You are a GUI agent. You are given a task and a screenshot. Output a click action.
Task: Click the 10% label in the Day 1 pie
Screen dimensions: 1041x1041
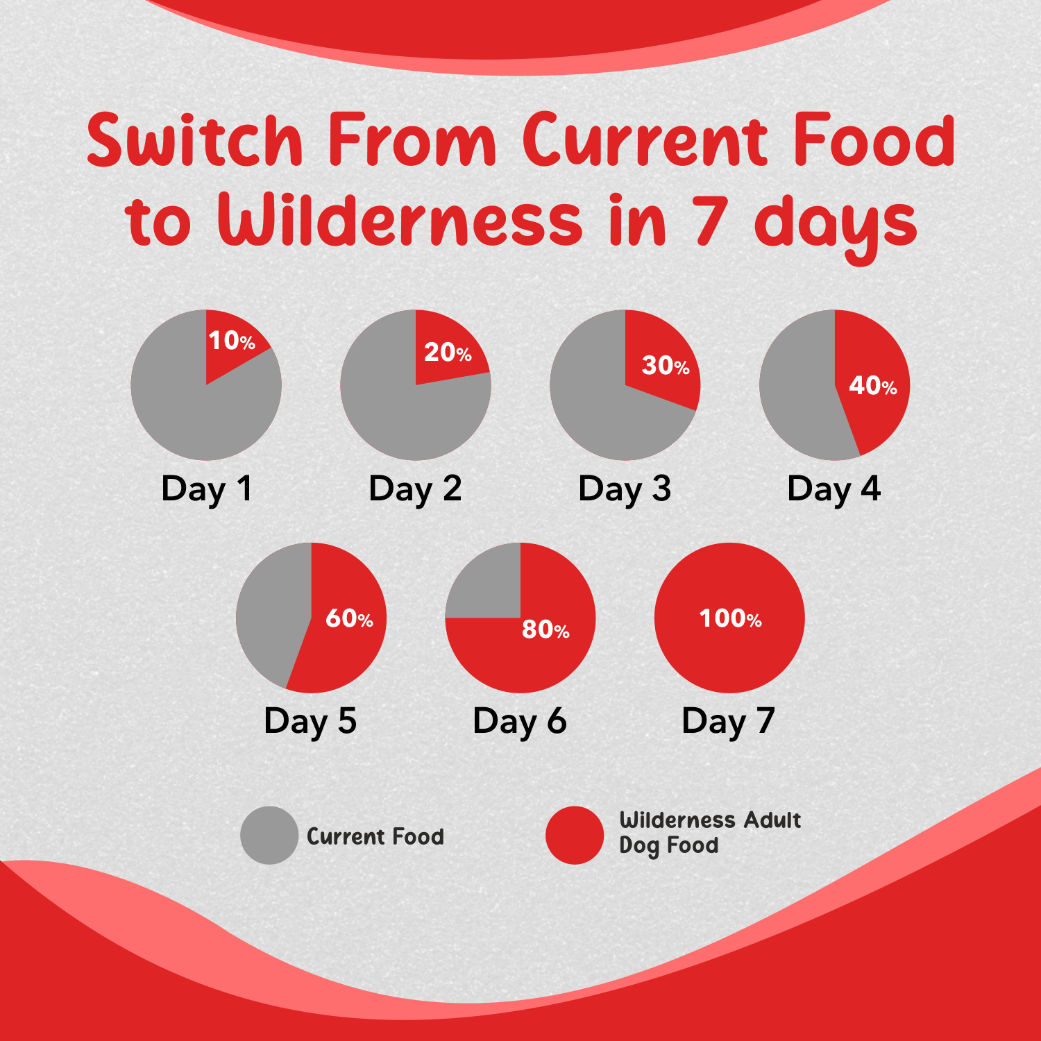coord(232,340)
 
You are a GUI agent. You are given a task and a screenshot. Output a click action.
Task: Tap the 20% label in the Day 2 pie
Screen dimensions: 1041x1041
coord(448,353)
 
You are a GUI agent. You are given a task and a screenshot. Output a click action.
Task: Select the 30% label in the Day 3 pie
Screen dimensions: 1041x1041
coord(666,365)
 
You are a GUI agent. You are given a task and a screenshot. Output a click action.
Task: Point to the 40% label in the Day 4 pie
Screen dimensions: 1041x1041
coord(872,385)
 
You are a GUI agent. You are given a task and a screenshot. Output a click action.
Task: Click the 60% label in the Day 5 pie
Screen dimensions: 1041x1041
coord(349,618)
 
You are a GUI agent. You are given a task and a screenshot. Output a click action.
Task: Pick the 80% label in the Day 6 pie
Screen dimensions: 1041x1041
coord(545,629)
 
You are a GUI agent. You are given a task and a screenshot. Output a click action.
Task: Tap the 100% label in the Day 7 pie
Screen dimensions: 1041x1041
coord(730,618)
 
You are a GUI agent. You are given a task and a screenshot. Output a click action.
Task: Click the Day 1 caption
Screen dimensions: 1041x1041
coord(206,489)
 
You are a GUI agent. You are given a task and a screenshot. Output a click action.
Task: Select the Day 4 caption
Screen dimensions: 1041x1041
coord(833,489)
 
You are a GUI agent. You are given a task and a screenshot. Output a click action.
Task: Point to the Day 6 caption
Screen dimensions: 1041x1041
coord(520,722)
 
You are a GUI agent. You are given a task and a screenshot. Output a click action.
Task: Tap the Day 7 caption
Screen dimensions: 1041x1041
coord(728,722)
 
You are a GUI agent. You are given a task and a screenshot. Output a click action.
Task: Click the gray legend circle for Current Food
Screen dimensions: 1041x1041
coord(269,835)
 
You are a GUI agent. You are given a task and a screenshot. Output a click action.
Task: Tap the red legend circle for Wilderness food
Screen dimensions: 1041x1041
coord(575,835)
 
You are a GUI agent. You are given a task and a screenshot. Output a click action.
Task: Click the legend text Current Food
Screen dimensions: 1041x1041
coord(375,836)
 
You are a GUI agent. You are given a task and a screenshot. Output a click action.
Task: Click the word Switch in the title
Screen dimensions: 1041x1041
coord(195,140)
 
